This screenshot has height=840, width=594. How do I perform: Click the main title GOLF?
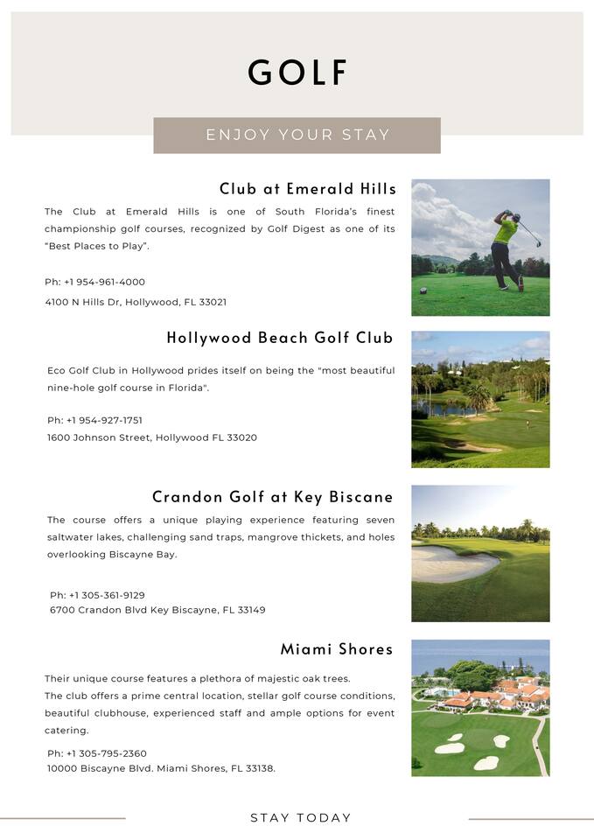coord(297,73)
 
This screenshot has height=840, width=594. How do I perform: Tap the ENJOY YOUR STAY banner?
coord(297,135)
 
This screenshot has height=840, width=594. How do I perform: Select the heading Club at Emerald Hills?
coord(307,189)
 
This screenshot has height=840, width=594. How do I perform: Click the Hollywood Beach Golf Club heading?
coord(280,338)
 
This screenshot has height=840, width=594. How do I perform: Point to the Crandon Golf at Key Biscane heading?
coord(272,497)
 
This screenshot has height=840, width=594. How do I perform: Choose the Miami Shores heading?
coord(336,649)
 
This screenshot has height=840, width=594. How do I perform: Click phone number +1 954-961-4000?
coord(104,282)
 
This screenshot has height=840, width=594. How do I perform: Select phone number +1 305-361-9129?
coord(107,595)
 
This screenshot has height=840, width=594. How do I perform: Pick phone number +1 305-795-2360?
coord(107,753)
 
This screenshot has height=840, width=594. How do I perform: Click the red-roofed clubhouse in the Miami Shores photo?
coord(499,696)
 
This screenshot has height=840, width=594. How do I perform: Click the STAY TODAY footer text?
coord(301,818)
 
